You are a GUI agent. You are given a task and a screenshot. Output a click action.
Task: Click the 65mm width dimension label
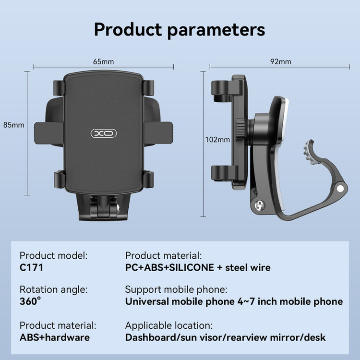click(103, 61)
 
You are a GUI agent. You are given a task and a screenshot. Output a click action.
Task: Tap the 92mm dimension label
click(281, 61)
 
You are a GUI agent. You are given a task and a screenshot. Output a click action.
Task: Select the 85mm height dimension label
click(13, 125)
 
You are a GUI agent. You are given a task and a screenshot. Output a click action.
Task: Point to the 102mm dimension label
click(217, 140)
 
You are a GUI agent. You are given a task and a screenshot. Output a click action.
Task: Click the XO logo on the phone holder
click(104, 133)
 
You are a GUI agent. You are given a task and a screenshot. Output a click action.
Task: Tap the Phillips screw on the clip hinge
click(260, 205)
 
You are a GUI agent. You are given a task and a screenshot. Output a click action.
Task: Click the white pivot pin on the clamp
click(340, 189)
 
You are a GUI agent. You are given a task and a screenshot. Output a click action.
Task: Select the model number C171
click(31, 268)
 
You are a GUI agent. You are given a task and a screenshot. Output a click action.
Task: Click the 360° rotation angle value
click(30, 301)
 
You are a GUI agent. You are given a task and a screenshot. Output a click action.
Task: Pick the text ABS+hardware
click(55, 337)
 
